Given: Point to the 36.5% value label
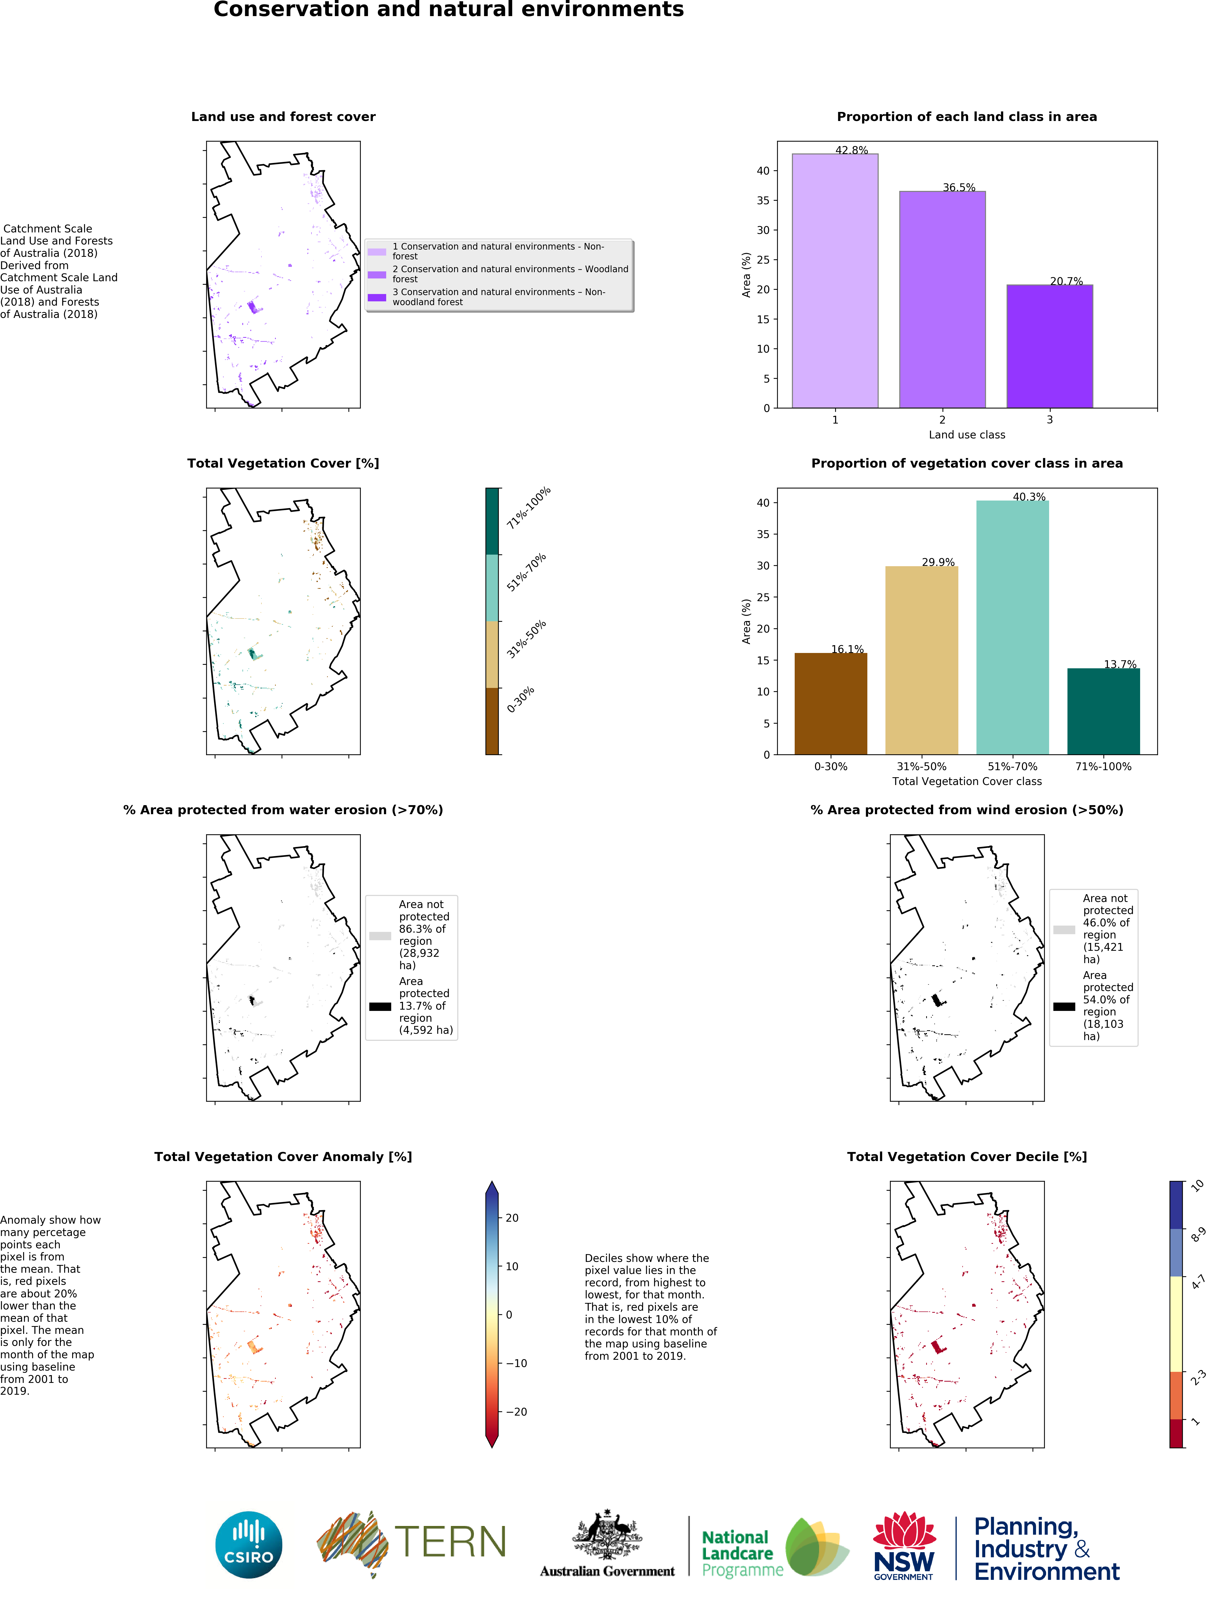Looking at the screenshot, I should coord(959,187).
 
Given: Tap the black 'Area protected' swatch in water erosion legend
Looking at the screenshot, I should coord(380,1006).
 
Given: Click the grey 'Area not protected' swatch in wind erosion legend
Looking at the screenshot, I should coord(1064,929).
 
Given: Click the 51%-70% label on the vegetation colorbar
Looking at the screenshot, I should coord(526,572).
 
